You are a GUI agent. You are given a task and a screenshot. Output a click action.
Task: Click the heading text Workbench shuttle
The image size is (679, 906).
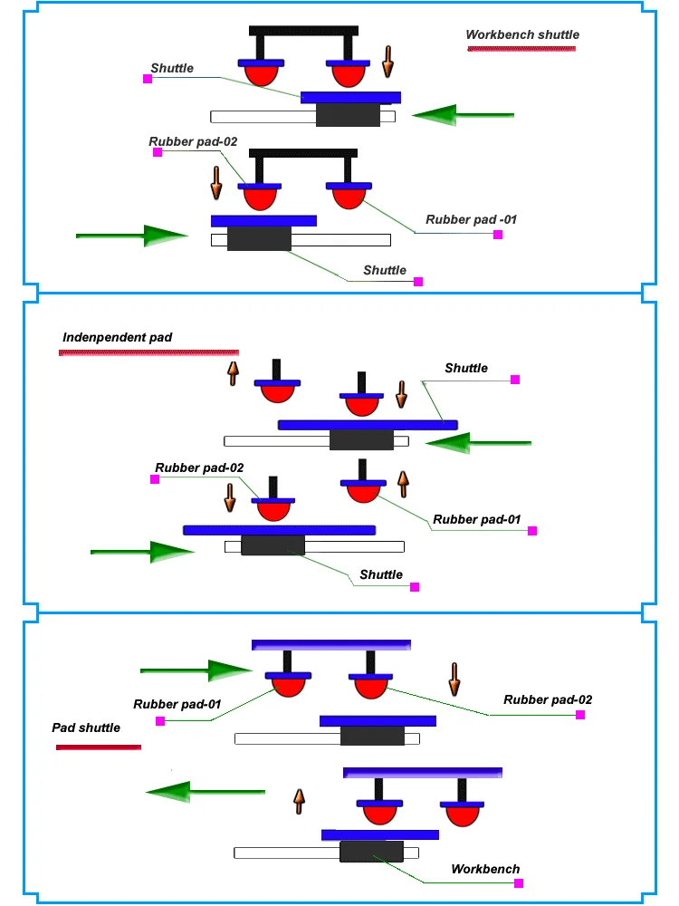pos(522,35)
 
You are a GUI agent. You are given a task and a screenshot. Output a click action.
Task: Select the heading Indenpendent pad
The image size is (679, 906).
pos(117,337)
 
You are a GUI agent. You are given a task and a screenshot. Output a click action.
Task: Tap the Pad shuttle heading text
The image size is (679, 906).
pos(86,728)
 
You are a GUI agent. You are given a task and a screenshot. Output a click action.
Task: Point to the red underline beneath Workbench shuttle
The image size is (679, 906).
pos(523,48)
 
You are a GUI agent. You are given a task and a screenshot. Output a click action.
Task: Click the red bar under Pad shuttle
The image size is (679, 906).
pos(99,747)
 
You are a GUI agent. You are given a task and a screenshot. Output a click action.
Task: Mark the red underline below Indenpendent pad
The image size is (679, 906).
pos(148,352)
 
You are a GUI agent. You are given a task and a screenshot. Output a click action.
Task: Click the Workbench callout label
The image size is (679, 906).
pos(485,869)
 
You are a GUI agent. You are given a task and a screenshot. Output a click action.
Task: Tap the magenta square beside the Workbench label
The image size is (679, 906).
pos(519,882)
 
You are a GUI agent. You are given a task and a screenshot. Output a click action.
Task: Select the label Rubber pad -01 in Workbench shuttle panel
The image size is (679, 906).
pos(471,219)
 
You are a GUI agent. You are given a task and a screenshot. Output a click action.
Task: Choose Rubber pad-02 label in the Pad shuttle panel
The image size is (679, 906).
pos(548,699)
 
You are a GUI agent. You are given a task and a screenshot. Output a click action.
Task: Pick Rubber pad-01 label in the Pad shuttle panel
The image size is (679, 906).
pos(177,704)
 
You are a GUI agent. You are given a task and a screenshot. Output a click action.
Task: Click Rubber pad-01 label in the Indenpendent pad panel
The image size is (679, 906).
pos(477,519)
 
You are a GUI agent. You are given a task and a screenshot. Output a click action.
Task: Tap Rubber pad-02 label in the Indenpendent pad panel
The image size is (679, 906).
pos(199,467)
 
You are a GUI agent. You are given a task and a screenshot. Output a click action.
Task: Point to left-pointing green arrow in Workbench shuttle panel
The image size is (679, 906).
pos(462,115)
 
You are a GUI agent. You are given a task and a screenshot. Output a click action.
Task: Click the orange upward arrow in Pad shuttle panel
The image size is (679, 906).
pos(298,801)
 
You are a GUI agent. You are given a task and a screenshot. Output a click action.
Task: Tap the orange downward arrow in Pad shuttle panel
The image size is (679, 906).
pos(454,678)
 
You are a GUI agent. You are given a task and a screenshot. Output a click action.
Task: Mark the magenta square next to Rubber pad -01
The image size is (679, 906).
pos(497,235)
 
